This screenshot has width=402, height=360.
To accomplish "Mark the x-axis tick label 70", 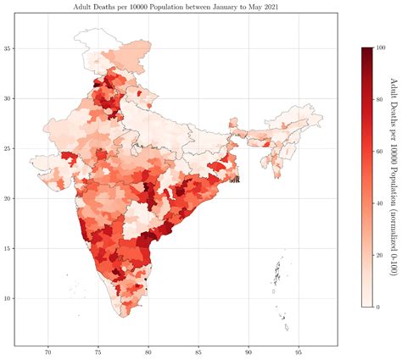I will (x=48, y=352).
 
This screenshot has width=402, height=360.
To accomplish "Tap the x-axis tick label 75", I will (x=98, y=352).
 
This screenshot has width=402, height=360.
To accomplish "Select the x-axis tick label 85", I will (x=198, y=352).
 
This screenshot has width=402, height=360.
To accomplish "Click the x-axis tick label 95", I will (x=299, y=352).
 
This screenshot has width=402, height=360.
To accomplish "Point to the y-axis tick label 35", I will (x=8, y=48).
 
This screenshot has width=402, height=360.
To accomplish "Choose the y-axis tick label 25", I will (x=8, y=148).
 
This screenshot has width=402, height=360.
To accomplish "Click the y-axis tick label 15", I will (x=8, y=248).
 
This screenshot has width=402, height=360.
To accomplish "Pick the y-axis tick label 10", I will (x=8, y=298).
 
